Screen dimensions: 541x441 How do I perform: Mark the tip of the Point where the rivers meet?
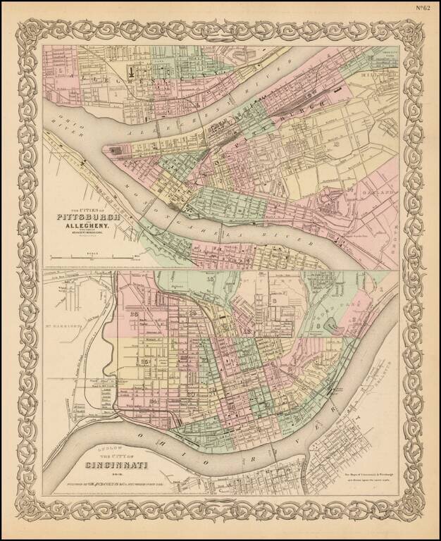tap(105, 149)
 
